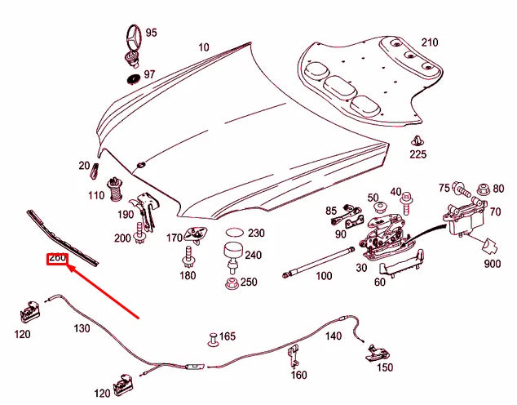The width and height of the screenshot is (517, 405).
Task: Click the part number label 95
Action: [152, 33]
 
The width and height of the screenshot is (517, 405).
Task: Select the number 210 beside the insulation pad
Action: [429, 42]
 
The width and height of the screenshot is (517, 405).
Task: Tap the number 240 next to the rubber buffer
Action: [253, 255]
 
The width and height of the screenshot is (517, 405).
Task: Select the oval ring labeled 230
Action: [234, 233]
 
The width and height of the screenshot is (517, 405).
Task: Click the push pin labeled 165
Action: [215, 337]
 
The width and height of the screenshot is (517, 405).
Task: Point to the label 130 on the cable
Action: [82, 328]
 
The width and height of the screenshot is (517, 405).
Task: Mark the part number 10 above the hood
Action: [202, 47]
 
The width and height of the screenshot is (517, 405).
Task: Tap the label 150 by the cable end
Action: [384, 367]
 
